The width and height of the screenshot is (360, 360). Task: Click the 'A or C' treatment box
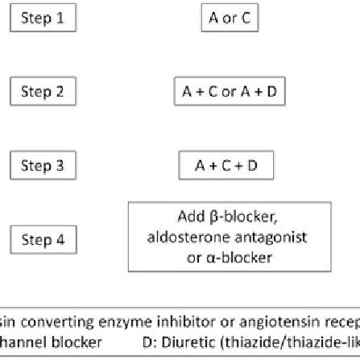pos(230,16)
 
